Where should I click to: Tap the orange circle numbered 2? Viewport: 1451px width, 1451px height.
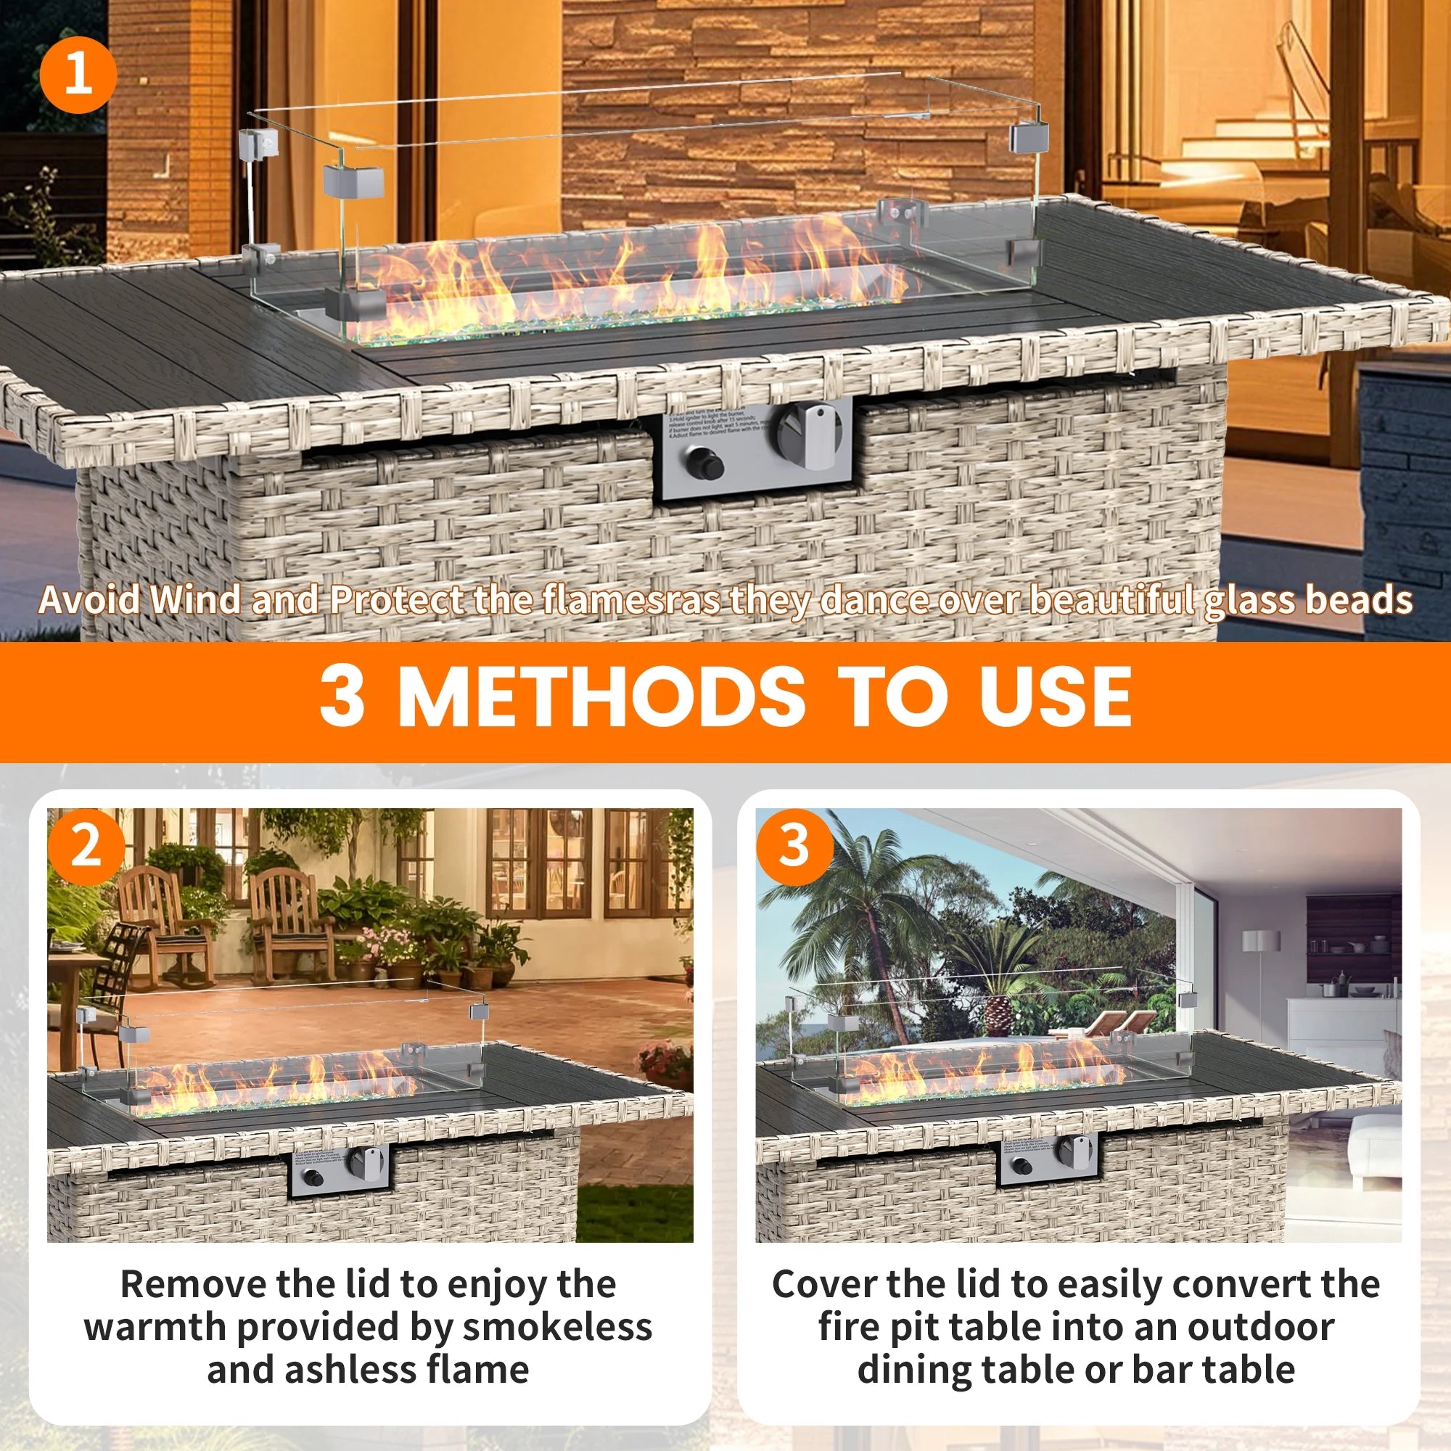pyautogui.click(x=86, y=847)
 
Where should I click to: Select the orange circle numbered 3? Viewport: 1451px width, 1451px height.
pyautogui.click(x=794, y=847)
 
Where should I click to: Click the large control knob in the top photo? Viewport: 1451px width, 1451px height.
pyautogui.click(x=809, y=436)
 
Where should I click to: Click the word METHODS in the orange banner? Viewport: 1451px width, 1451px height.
pyautogui.click(x=601, y=697)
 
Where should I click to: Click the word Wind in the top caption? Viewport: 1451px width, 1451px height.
pyautogui.click(x=197, y=600)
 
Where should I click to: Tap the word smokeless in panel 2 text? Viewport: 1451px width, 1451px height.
pyautogui.click(x=556, y=1327)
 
